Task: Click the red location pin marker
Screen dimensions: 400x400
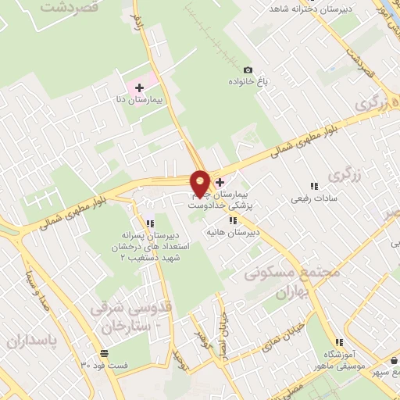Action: click(x=201, y=181)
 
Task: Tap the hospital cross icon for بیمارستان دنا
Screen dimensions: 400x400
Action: click(x=139, y=87)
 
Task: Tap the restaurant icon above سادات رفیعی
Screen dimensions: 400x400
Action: click(x=313, y=186)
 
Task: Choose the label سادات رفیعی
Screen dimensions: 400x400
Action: click(x=313, y=198)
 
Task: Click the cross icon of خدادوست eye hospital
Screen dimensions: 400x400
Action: click(x=220, y=182)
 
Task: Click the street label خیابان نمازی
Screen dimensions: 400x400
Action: click(x=288, y=327)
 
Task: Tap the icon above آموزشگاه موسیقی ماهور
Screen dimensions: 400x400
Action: click(x=339, y=342)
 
